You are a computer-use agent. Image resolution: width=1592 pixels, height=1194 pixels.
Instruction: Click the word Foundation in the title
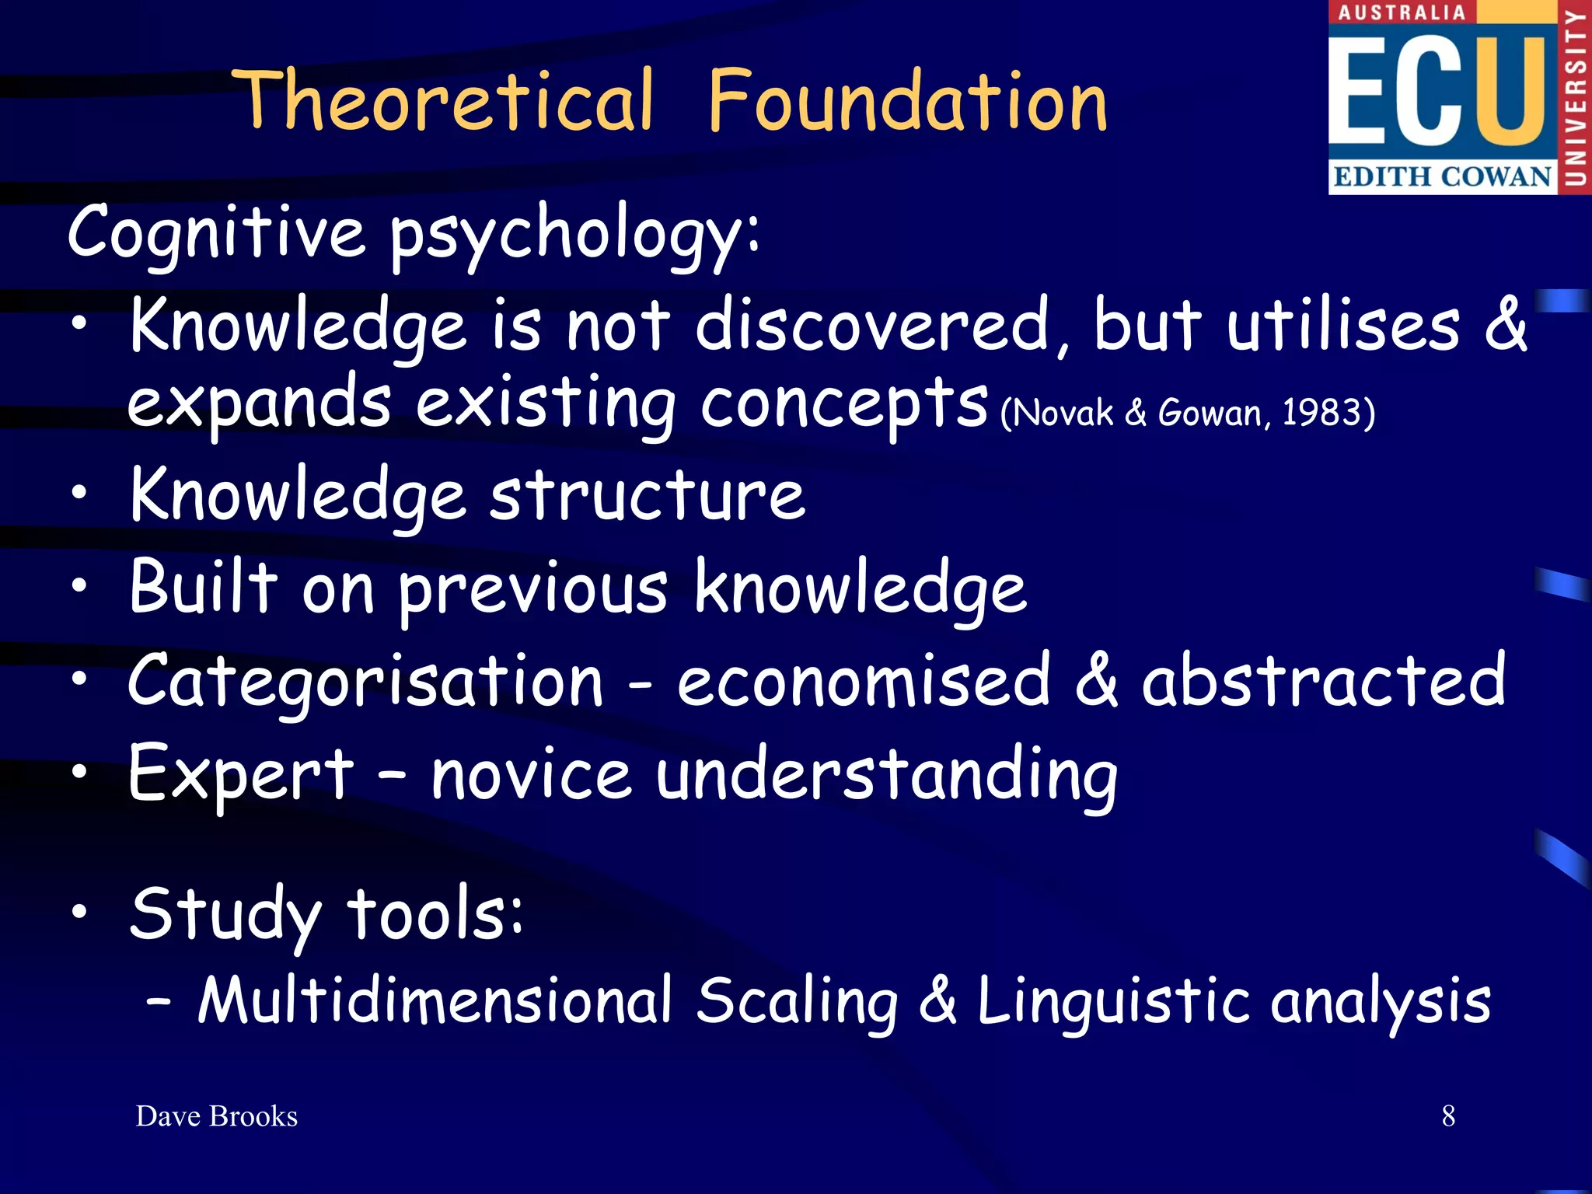coord(908,101)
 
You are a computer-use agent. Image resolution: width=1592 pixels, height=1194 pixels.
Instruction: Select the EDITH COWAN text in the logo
coord(1442,176)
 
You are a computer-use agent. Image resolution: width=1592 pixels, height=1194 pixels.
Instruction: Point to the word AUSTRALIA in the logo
coord(1402,12)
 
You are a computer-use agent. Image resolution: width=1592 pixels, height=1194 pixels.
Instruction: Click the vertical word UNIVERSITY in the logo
coord(1576,97)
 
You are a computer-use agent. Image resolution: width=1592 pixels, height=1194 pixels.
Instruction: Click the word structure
coord(648,495)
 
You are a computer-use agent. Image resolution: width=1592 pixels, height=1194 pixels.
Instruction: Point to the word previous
coord(532,589)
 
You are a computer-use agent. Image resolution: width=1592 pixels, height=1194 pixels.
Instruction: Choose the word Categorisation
coord(365,682)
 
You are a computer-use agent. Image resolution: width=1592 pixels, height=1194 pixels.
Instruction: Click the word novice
coord(531,774)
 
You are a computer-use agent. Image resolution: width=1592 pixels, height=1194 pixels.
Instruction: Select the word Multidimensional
coord(435,1000)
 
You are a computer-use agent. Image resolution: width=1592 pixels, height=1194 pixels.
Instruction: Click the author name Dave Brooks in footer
coord(217,1116)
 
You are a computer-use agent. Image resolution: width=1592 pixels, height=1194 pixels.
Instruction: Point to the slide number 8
coord(1448,1116)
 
